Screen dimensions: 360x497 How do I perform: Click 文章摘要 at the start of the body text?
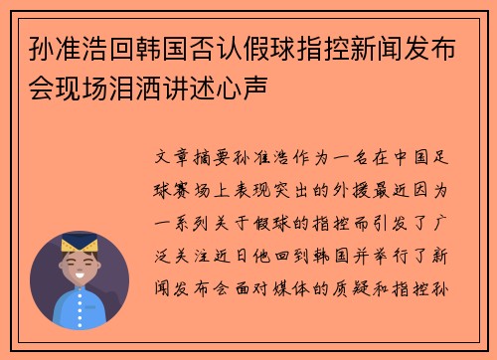click(200, 159)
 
